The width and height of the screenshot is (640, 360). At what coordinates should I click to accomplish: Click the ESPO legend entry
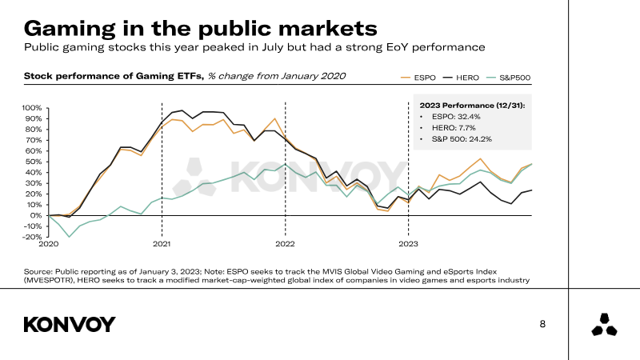click(x=418, y=78)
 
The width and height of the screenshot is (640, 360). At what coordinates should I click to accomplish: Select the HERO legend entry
click(x=461, y=78)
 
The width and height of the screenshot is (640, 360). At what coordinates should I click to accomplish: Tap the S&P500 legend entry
click(x=509, y=78)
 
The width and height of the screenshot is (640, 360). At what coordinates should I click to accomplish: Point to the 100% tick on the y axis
click(x=32, y=108)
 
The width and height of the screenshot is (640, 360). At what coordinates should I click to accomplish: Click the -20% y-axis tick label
click(x=32, y=237)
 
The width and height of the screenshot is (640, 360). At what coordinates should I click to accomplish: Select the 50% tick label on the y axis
click(x=33, y=162)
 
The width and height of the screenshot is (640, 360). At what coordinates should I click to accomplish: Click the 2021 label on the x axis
click(x=162, y=244)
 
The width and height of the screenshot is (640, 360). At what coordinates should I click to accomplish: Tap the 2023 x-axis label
click(x=408, y=244)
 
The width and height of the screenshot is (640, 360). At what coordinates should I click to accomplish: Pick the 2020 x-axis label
click(x=49, y=244)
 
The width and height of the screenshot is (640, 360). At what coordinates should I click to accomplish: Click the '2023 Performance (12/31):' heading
click(x=472, y=106)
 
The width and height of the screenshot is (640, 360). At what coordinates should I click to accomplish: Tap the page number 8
click(x=542, y=324)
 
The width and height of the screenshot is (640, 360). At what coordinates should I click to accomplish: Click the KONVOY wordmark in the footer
click(x=70, y=325)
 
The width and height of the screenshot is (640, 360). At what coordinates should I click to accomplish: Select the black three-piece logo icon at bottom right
click(x=604, y=325)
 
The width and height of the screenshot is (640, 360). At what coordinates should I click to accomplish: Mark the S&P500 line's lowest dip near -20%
click(x=69, y=237)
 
